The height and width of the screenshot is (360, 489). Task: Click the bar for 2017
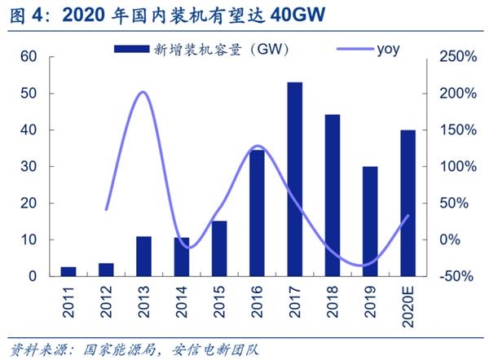tap(295, 179)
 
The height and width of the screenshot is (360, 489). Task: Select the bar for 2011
tap(68, 271)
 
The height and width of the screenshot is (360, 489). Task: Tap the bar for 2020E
tap(408, 203)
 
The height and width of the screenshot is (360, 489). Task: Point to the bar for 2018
tap(333, 195)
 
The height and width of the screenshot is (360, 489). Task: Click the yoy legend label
tap(388, 50)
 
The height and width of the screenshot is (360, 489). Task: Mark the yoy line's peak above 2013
tap(143, 92)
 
